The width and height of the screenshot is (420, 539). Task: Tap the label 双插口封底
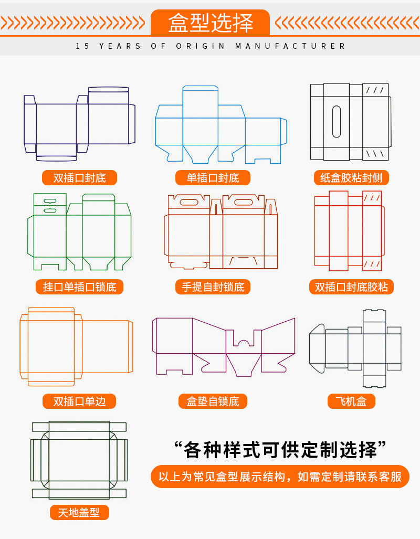click(x=79, y=178)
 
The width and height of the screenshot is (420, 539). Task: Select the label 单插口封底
click(x=213, y=178)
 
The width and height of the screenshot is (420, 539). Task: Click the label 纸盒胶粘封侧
click(x=351, y=178)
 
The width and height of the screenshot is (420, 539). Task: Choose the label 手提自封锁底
click(x=213, y=287)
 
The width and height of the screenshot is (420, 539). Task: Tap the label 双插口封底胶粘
click(x=351, y=287)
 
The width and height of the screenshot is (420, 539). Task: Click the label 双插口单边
click(x=79, y=401)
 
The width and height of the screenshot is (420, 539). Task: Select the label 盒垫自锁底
click(x=213, y=401)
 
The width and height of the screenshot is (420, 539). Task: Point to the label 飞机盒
click(x=351, y=401)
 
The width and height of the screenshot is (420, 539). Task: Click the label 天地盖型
click(x=79, y=512)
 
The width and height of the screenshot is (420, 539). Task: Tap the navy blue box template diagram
click(x=79, y=124)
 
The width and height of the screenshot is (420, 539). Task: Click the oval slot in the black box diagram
click(x=337, y=122)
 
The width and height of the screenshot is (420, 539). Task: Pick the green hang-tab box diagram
click(x=79, y=231)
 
